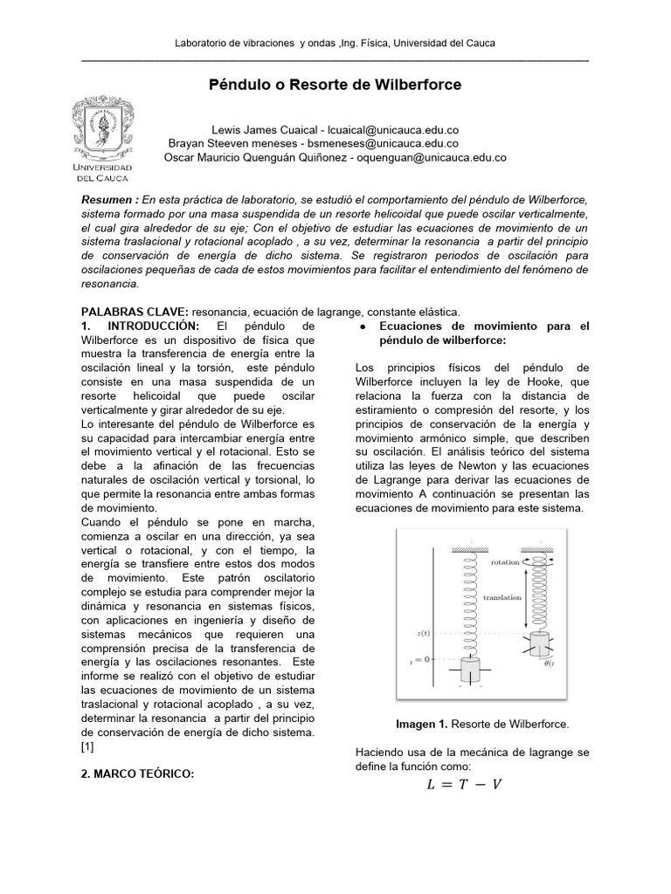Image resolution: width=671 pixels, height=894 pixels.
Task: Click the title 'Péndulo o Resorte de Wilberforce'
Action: (x=335, y=86)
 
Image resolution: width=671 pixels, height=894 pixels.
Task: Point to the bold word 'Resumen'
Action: (x=106, y=200)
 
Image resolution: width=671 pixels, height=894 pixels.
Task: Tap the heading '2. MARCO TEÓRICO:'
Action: (x=136, y=774)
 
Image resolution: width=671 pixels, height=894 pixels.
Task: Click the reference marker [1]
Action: (x=87, y=746)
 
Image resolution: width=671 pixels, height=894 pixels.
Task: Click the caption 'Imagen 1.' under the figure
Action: (x=423, y=724)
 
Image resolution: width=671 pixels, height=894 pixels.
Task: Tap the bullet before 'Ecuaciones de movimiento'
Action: (x=363, y=327)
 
